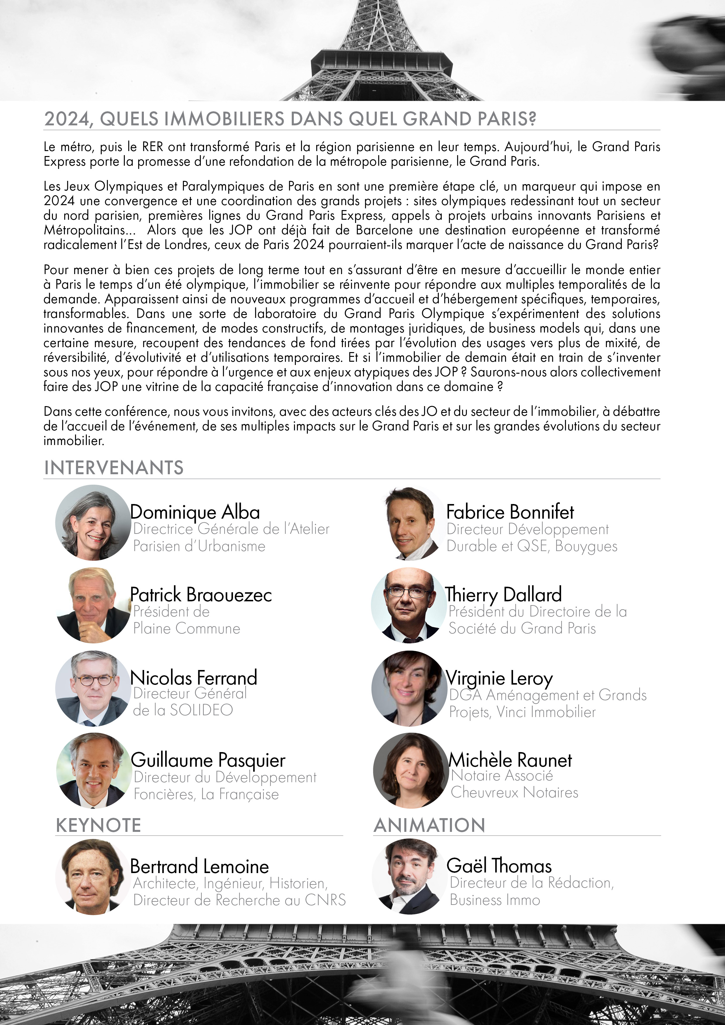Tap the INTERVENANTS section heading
point(114,468)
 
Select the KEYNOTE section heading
point(98,825)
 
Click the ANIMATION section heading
point(429,825)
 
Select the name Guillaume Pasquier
point(208,760)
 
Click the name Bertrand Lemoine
point(199,867)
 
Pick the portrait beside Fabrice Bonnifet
point(409,523)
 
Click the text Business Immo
point(495,900)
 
